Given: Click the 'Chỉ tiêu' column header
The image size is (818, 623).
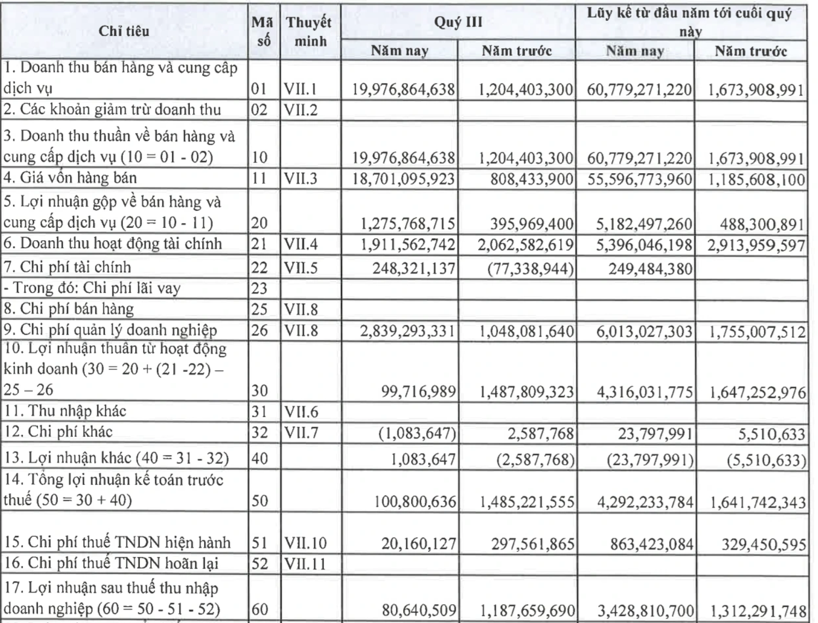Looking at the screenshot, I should (124, 31).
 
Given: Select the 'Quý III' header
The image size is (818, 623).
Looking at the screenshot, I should (458, 22).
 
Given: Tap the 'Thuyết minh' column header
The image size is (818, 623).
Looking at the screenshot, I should (309, 31).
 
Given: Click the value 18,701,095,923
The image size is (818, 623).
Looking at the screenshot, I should (403, 179).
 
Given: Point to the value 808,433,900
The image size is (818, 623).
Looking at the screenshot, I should (531, 179).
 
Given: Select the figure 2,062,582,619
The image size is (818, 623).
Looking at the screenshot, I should (525, 245).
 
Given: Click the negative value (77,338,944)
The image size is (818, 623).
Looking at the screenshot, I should (530, 268).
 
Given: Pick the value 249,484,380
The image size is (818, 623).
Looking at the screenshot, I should (650, 268).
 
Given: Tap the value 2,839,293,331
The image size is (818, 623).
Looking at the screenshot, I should (407, 331).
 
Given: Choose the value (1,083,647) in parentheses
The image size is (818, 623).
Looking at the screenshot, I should (417, 433).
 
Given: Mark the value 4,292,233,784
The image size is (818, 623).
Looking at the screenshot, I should (645, 502).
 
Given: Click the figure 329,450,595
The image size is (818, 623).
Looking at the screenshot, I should (763, 545).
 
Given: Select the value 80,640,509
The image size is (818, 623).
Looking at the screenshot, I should (419, 610).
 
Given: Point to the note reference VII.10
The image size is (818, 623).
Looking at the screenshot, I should (305, 543).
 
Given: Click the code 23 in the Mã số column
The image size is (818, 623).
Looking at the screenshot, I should (259, 288).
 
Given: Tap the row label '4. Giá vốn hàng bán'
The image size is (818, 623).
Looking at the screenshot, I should (70, 177).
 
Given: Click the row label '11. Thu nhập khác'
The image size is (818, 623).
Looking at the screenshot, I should (65, 411).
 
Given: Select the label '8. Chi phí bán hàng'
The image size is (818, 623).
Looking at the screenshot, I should (69, 309).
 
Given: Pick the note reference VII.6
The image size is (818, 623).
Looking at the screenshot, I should (301, 412).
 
